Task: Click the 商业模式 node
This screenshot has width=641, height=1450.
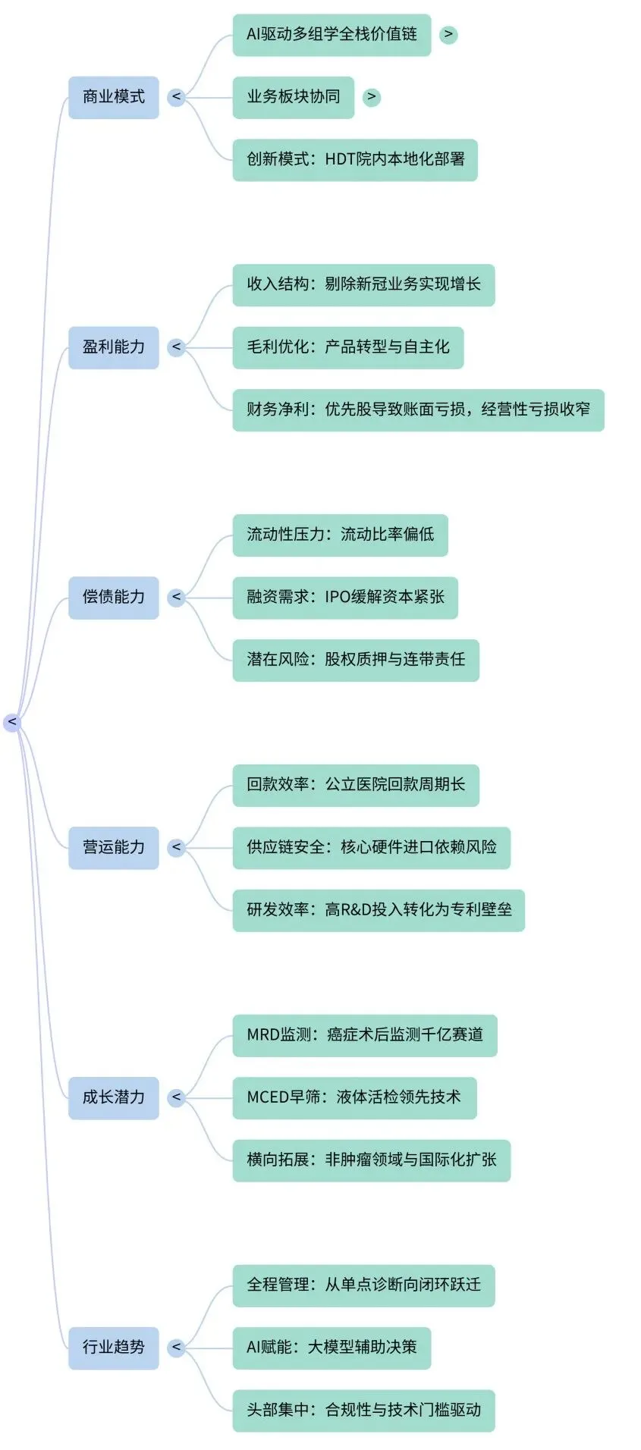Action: (114, 97)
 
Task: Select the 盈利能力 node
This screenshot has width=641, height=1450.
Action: (114, 347)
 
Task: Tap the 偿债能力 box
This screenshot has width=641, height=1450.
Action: (114, 598)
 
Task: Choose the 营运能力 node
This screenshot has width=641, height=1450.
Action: (114, 847)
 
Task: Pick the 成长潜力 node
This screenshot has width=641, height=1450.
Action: (114, 1097)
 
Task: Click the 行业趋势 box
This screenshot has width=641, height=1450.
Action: (114, 1348)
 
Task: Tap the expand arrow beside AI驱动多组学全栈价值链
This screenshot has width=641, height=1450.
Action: (448, 34)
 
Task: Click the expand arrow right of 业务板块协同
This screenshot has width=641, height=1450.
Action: (371, 97)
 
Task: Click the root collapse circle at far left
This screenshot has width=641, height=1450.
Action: (12, 722)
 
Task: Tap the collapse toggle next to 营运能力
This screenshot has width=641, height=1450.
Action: (177, 847)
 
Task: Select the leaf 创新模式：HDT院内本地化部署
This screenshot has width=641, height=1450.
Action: (355, 159)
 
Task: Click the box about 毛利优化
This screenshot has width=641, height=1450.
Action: (347, 347)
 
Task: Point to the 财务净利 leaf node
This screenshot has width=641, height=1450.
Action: (418, 410)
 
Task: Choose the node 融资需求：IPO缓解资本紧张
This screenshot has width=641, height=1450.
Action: (345, 598)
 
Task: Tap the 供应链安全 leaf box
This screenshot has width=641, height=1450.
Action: (371, 847)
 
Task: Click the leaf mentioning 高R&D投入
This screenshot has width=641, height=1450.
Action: (379, 910)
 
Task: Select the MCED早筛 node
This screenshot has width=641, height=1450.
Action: (354, 1097)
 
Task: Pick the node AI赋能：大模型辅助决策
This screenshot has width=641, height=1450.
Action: (331, 1348)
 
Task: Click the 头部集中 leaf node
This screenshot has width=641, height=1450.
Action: (363, 1410)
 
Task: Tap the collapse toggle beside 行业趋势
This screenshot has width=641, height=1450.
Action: (177, 1348)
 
